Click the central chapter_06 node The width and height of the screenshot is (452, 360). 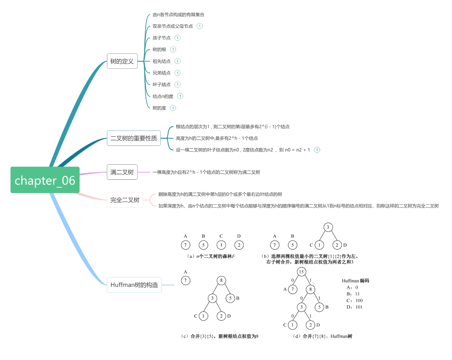click(x=45, y=180)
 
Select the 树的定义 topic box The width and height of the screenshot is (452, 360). click(x=122, y=61)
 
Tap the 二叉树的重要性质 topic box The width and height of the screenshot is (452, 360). click(x=134, y=138)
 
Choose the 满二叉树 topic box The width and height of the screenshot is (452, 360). click(x=122, y=172)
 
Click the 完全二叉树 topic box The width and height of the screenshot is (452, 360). click(x=125, y=200)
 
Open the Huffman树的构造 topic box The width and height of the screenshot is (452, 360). click(x=134, y=285)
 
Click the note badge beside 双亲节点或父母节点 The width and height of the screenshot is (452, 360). click(x=200, y=26)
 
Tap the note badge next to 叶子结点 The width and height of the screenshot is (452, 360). click(x=177, y=85)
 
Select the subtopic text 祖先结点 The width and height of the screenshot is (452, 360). click(x=162, y=61)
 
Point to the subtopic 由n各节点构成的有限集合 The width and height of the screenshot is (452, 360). click(x=178, y=15)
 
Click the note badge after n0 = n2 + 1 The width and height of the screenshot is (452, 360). click(x=317, y=150)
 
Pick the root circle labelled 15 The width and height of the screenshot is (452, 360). click(x=301, y=272)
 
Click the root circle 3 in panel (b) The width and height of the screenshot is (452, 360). click(x=328, y=227)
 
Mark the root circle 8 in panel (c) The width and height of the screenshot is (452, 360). click(x=221, y=280)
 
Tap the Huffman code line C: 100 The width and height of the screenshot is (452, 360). click(x=355, y=301)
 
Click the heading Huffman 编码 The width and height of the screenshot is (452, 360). click(x=355, y=281)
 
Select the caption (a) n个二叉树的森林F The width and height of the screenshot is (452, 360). click(x=211, y=256)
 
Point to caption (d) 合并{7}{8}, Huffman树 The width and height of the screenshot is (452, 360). click(x=323, y=336)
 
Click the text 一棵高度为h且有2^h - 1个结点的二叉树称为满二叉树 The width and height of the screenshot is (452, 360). click(x=206, y=172)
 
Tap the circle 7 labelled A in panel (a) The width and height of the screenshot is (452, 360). click(x=186, y=245)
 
